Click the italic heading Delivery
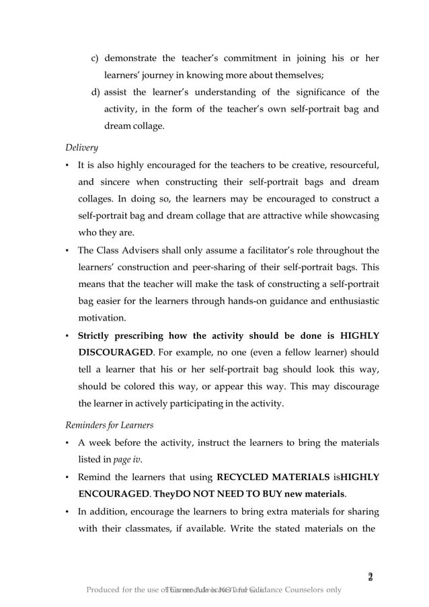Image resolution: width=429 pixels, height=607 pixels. coord(81,146)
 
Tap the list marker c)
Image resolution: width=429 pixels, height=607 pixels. coord(95,58)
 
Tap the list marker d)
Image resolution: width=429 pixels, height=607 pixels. coord(95,92)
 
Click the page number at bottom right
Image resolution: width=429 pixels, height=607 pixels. coord(369,577)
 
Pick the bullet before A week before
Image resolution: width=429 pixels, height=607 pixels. coord(68,442)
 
